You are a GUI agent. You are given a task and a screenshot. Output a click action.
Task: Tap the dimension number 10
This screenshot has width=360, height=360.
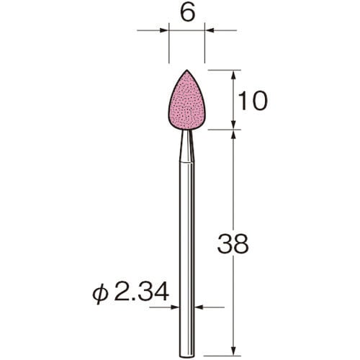click(x=253, y=101)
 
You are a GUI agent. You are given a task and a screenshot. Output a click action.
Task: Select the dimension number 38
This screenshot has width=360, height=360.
click(x=233, y=244)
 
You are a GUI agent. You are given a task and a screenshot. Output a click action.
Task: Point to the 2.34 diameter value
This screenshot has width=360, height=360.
click(x=142, y=292)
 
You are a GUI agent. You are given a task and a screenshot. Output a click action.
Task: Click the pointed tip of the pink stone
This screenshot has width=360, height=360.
click(x=186, y=70)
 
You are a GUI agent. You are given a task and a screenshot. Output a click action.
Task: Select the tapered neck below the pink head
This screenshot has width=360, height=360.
click(x=186, y=146)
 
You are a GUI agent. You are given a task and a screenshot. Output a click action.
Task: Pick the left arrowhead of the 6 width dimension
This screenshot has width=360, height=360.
click(x=164, y=30)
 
